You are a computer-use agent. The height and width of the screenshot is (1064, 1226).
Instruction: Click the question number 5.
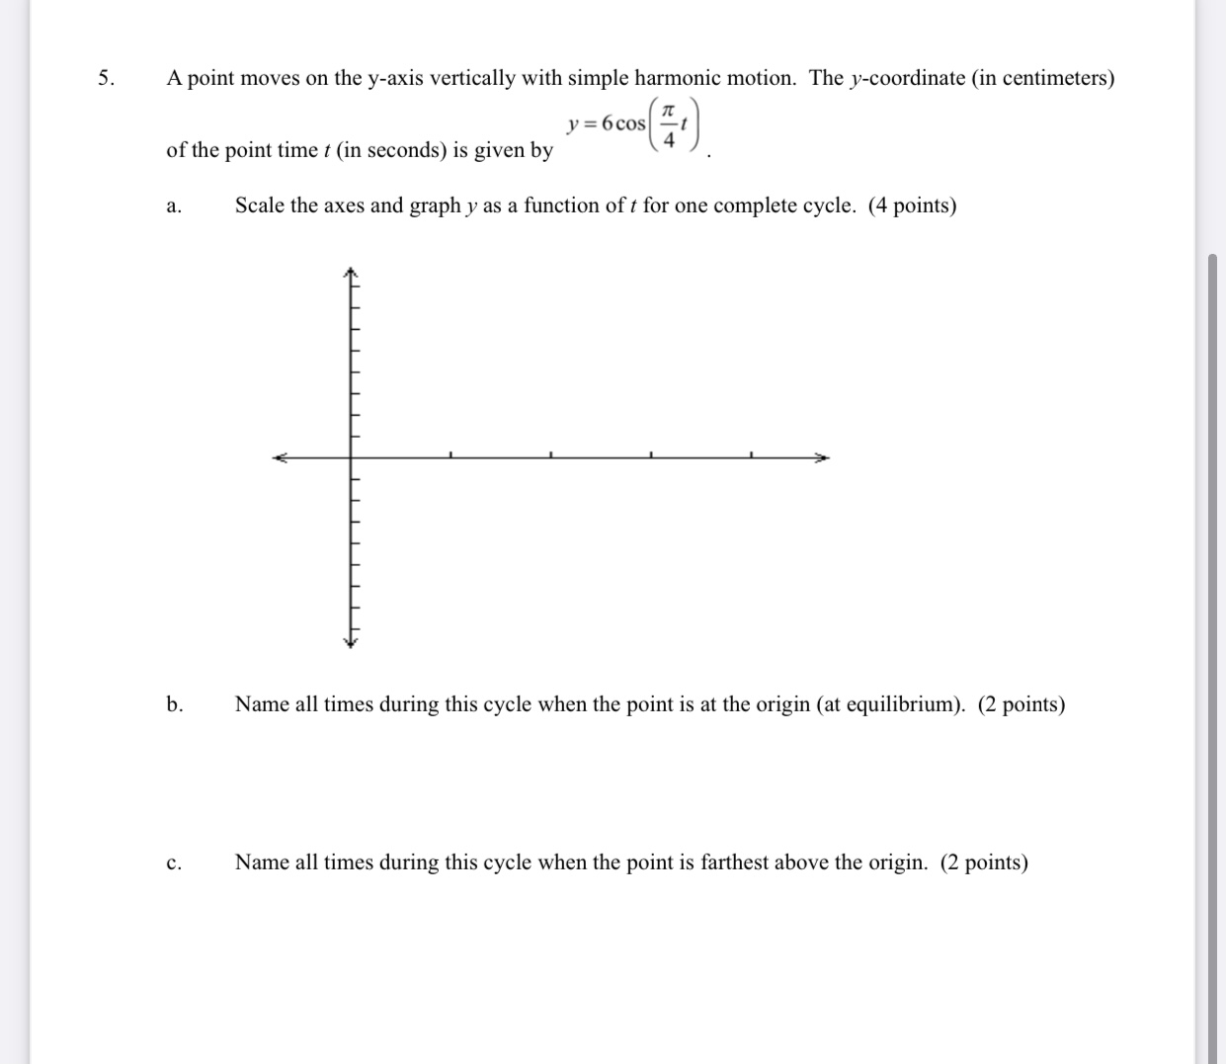(x=105, y=79)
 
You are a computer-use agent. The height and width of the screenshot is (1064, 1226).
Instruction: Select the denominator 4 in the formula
(x=669, y=139)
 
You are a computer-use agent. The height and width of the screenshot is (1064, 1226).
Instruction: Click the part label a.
(x=173, y=206)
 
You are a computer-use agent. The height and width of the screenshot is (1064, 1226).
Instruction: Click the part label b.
(x=174, y=704)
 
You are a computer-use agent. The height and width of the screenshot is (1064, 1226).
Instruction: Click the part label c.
(x=173, y=863)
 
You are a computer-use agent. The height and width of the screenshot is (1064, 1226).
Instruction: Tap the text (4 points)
(x=912, y=205)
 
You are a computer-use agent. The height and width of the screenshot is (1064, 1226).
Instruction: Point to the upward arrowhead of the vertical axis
(x=349, y=272)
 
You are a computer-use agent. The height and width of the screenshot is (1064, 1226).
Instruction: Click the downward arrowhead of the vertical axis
(x=349, y=642)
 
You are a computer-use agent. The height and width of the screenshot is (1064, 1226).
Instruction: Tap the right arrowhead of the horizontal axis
(x=823, y=457)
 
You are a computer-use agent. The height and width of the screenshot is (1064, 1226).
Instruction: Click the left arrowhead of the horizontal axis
(x=280, y=457)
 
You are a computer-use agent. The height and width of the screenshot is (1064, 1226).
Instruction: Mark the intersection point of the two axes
(x=350, y=457)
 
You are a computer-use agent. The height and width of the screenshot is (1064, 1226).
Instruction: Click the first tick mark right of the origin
(x=450, y=455)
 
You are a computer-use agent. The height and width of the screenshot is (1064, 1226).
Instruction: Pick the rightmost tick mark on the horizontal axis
(x=751, y=455)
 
